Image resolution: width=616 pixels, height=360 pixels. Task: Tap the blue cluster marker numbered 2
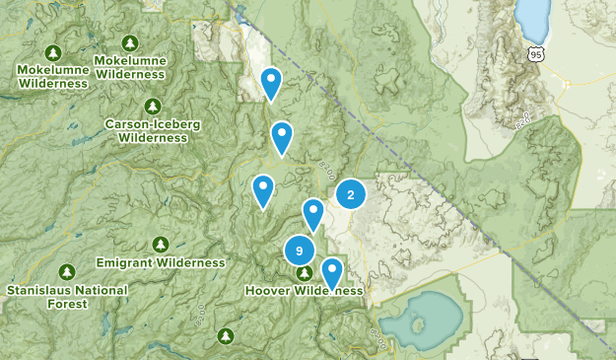(x=350, y=194)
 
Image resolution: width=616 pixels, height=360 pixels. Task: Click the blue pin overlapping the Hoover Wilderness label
(x=332, y=271)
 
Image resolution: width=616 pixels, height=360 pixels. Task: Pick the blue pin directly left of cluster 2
(x=313, y=213)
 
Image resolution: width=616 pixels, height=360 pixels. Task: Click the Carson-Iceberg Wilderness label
(x=152, y=131)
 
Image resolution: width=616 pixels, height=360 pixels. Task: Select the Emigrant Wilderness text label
(x=161, y=263)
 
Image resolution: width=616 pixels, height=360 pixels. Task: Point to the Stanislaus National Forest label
(x=66, y=297)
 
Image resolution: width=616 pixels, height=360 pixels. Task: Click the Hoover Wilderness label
(x=305, y=292)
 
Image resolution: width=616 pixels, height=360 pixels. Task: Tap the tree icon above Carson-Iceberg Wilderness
(x=152, y=106)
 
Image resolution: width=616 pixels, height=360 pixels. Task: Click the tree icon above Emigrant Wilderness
(x=161, y=244)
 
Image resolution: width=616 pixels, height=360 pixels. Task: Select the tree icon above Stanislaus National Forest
(x=66, y=271)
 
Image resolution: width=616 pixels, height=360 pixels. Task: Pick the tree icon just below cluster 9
(x=306, y=273)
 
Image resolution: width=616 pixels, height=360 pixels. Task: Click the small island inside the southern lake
(x=423, y=324)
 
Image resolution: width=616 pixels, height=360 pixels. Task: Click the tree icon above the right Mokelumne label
(x=130, y=43)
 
